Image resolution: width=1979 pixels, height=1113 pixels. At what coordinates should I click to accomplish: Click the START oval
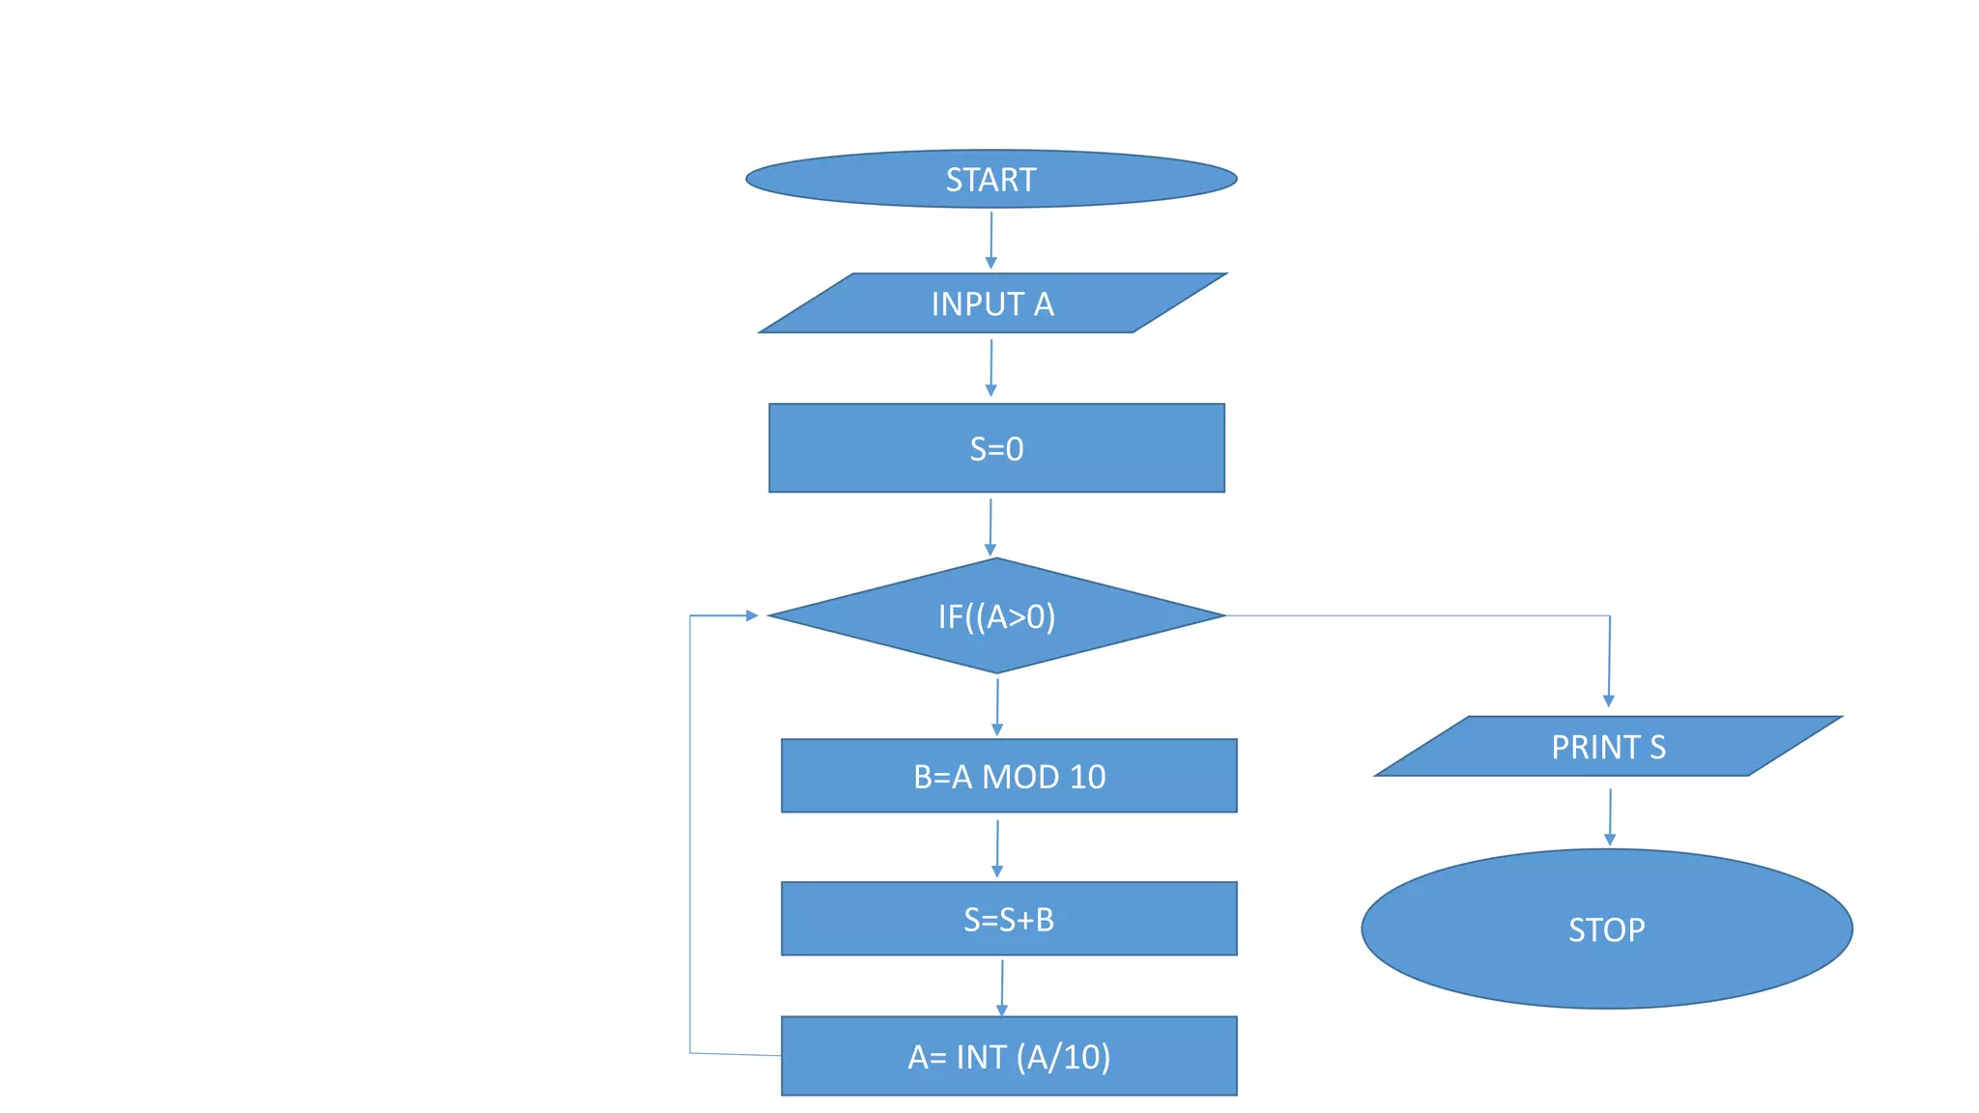990,179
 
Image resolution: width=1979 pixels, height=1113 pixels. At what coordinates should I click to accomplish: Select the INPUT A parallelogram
992,303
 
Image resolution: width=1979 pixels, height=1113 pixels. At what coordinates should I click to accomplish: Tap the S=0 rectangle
996,448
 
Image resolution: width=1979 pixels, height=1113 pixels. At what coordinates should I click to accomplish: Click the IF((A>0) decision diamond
996,615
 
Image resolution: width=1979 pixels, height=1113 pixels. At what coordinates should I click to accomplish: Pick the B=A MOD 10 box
1009,776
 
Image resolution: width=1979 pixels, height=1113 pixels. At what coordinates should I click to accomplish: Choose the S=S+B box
1009,919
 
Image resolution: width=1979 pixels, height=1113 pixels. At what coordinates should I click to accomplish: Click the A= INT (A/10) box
1009,1056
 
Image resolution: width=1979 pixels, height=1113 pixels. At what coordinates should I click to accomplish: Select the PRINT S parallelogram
1608,746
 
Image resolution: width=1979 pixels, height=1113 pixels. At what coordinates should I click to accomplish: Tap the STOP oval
1606,928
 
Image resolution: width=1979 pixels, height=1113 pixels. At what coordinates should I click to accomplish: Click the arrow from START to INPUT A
990,240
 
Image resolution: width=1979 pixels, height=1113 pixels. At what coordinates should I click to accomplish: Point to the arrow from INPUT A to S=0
990,367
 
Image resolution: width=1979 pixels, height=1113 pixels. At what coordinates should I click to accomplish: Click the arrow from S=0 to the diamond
990,527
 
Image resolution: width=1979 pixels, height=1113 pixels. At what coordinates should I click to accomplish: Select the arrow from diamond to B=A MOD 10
997,706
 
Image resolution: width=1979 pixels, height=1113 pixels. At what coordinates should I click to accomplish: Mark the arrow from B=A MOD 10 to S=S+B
997,848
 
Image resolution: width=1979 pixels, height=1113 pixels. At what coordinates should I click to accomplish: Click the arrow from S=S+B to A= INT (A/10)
1002,986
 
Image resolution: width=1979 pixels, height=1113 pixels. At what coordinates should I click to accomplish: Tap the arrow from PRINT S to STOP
1610,816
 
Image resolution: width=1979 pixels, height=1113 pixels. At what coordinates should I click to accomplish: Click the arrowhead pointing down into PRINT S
1609,700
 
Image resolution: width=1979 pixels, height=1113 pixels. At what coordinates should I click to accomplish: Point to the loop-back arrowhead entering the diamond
752,615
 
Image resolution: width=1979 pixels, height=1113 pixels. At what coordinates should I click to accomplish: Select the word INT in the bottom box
981,1057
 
